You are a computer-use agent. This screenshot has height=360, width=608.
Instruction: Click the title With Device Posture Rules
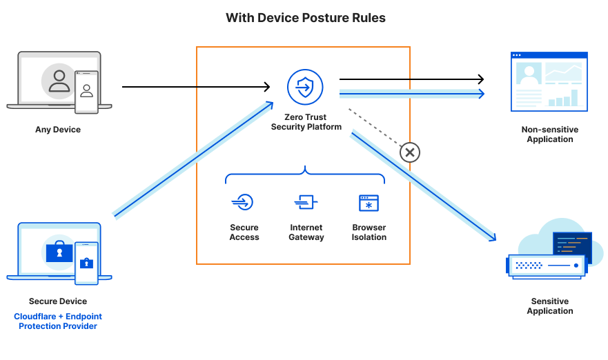[x=305, y=18]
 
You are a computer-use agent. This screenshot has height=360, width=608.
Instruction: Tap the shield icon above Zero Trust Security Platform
[x=304, y=87]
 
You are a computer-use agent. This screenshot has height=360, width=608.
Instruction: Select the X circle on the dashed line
[x=409, y=152]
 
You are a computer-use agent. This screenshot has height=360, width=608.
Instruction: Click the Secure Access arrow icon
[x=243, y=202]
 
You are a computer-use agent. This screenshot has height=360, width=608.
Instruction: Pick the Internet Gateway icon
[x=306, y=202]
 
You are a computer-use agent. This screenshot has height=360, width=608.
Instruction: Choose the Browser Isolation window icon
[x=369, y=203]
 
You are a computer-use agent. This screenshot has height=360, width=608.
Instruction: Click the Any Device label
[x=58, y=129]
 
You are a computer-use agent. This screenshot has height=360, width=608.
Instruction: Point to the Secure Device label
[x=58, y=301]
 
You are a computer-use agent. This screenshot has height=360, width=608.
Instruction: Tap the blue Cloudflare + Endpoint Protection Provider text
[x=58, y=321]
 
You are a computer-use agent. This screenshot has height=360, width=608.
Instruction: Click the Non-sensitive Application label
[x=550, y=134]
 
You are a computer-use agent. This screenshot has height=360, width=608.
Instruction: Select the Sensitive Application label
[x=550, y=306]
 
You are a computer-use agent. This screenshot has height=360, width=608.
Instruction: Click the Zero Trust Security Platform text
[x=306, y=122]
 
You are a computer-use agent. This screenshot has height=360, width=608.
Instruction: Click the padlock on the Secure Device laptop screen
[x=59, y=253]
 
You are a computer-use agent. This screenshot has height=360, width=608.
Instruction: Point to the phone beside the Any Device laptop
[x=87, y=92]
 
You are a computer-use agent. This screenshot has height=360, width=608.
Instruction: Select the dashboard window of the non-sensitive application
[x=549, y=81]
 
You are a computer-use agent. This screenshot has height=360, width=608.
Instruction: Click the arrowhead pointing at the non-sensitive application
[x=480, y=93]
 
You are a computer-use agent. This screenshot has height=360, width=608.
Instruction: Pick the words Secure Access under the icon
[x=244, y=232]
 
